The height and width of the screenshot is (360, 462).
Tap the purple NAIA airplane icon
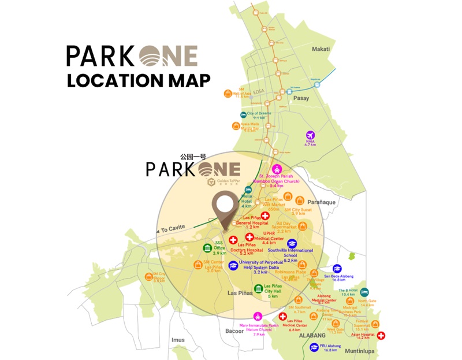point(310,136)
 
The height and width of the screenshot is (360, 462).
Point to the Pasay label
point(301,98)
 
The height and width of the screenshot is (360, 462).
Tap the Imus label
point(178,340)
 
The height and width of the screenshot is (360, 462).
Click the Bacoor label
point(236,331)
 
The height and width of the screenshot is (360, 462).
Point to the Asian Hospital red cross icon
point(382,335)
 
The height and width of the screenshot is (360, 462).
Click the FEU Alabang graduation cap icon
point(314,347)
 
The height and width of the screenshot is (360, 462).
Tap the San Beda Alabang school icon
point(337,269)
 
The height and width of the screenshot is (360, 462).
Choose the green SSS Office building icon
point(207,248)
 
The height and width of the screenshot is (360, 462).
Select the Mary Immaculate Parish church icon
point(258,316)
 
